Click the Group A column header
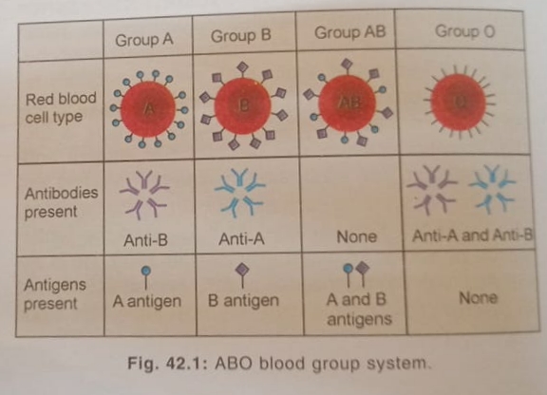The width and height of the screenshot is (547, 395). pos(144,40)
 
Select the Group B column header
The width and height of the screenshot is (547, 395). pos(240,36)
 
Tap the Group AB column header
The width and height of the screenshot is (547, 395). pos(349,32)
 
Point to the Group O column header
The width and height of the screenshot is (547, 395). pos(464,31)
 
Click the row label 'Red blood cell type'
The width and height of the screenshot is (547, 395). pos(61,108)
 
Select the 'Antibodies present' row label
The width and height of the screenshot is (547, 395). pos(61,202)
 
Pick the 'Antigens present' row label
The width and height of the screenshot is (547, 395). pos(55,294)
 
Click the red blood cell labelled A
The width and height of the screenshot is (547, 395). pos(148,109)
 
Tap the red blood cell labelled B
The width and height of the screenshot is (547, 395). pos(243,105)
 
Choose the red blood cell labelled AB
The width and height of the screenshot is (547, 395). pos(348,103)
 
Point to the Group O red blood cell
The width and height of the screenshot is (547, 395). pos(459,102)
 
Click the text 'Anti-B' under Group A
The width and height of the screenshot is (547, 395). pos(146,240)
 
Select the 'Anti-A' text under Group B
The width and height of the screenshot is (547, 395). pos(242,239)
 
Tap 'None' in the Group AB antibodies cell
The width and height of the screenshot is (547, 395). pos(356,237)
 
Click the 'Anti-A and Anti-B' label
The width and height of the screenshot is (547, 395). pos(473,235)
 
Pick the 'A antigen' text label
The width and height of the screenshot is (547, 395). pos(147,301)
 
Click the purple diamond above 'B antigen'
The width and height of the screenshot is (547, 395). pos(242,269)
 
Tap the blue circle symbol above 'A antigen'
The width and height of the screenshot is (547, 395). pos(146,271)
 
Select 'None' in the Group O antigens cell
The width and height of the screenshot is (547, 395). pos(478,298)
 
